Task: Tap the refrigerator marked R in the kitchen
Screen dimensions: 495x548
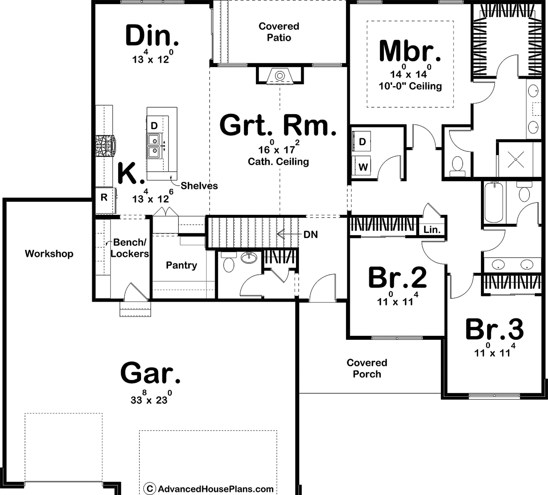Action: [104, 198]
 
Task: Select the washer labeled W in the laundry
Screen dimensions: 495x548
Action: [363, 166]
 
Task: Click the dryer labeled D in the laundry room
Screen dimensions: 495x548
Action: [362, 142]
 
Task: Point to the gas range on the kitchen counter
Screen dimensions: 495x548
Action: [105, 146]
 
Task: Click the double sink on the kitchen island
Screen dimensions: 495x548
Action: [154, 146]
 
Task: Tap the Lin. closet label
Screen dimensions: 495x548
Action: [432, 230]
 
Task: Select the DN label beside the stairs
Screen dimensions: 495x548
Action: [311, 234]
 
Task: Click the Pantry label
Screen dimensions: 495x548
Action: [181, 265]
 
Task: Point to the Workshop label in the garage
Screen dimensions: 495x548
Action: [49, 254]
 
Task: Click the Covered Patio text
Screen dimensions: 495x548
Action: [279, 32]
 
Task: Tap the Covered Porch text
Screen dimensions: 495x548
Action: [367, 368]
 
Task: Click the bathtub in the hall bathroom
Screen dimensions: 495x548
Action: [494, 202]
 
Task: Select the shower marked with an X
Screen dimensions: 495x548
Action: [516, 160]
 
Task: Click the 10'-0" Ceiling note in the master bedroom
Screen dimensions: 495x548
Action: [410, 86]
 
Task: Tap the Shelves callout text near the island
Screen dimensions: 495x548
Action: [199, 186]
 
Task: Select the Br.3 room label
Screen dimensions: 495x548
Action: [494, 330]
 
